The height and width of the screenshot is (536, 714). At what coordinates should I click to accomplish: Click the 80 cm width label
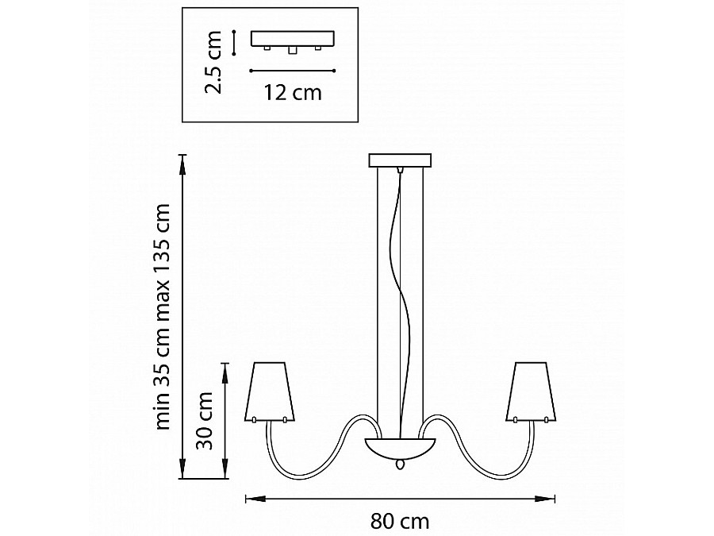click(x=400, y=521)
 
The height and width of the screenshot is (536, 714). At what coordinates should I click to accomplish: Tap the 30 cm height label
click(x=205, y=420)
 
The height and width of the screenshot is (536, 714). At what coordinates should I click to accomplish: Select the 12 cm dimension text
click(x=293, y=93)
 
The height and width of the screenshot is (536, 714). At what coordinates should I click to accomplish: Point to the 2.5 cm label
click(x=213, y=63)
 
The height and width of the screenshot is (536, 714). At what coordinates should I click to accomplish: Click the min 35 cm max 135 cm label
click(x=162, y=317)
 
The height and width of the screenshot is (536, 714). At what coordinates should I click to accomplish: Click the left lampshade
click(x=270, y=392)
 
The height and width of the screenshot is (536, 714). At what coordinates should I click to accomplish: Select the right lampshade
click(x=532, y=392)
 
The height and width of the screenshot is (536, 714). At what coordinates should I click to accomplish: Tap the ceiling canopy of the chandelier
click(x=400, y=160)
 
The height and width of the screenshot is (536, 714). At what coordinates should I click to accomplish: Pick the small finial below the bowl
click(x=400, y=464)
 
